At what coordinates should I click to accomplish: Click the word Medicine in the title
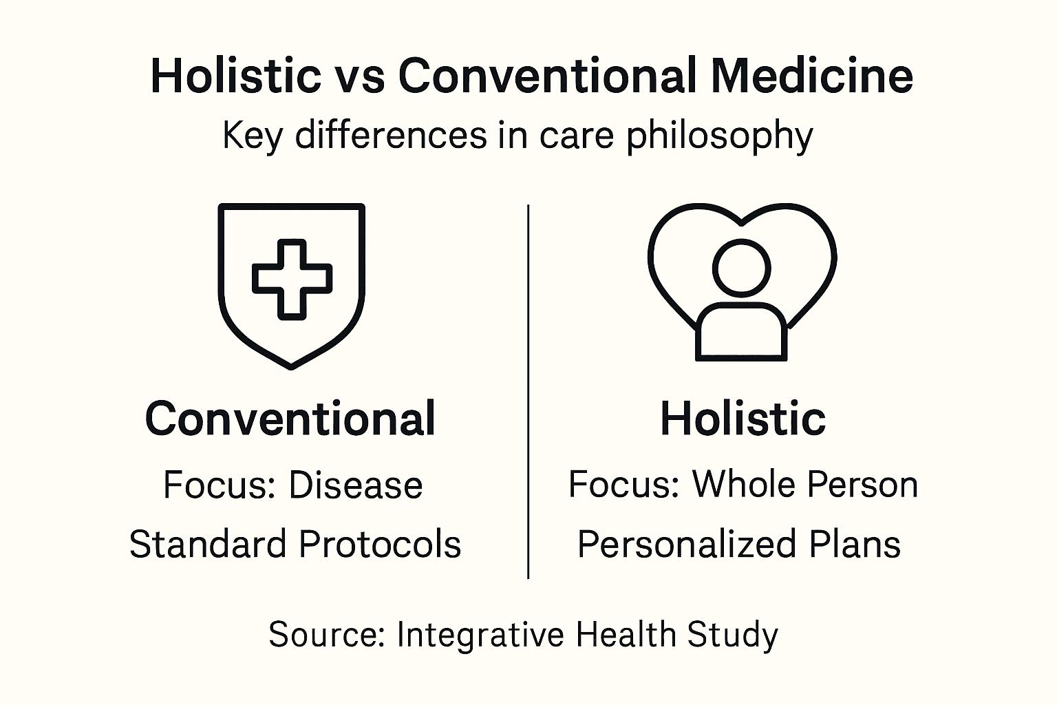click(x=811, y=76)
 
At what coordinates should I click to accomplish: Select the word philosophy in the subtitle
click(x=720, y=136)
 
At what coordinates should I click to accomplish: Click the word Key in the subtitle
click(x=253, y=136)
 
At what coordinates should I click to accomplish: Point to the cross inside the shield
click(x=292, y=280)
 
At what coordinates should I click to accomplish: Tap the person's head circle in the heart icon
click(x=741, y=269)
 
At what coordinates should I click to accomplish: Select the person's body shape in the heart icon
click(x=741, y=331)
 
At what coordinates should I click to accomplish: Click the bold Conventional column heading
click(x=290, y=419)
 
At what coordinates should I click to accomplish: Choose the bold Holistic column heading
click(x=743, y=419)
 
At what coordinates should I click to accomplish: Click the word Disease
click(x=356, y=485)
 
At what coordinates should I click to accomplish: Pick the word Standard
click(x=208, y=544)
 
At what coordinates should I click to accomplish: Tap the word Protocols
click(x=380, y=544)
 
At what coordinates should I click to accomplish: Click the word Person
click(x=862, y=485)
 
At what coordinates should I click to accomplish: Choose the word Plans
click(x=855, y=544)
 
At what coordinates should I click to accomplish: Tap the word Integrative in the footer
click(x=480, y=635)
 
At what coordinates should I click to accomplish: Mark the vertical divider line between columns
click(x=528, y=392)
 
